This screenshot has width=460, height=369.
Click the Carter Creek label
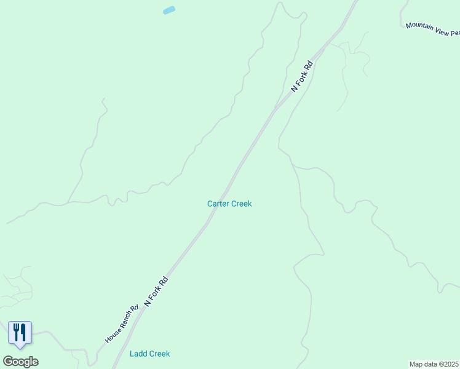(x=229, y=204)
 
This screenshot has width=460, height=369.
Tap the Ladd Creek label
(x=149, y=354)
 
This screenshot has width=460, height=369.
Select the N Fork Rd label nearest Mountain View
(x=302, y=76)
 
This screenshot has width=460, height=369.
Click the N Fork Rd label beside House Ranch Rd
(x=156, y=292)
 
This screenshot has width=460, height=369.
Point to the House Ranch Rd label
(x=122, y=325)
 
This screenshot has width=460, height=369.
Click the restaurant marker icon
(x=20, y=333)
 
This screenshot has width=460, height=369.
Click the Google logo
(x=20, y=362)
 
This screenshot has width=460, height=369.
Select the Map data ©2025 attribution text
(x=434, y=364)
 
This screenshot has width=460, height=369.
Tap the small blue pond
(x=169, y=10)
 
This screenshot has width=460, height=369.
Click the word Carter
(x=218, y=204)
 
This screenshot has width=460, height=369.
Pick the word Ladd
(x=138, y=354)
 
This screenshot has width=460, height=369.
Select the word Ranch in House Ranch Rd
(x=125, y=320)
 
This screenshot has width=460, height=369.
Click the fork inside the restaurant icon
(x=16, y=332)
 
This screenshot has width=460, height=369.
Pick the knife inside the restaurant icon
(x=23, y=332)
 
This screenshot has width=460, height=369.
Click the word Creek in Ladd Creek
(x=159, y=354)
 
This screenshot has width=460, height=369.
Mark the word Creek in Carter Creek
(x=241, y=204)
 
